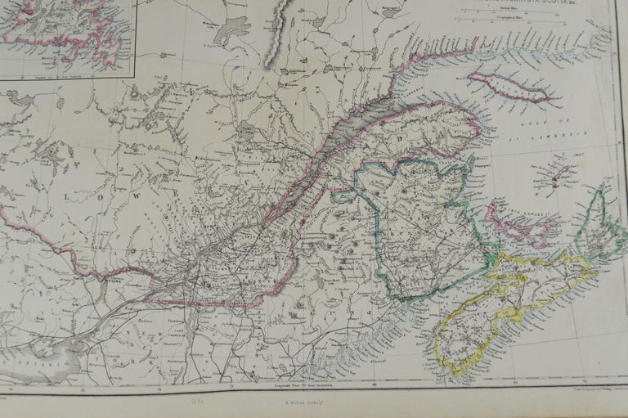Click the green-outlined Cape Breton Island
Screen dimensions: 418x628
601,225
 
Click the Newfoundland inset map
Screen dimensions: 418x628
65,33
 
